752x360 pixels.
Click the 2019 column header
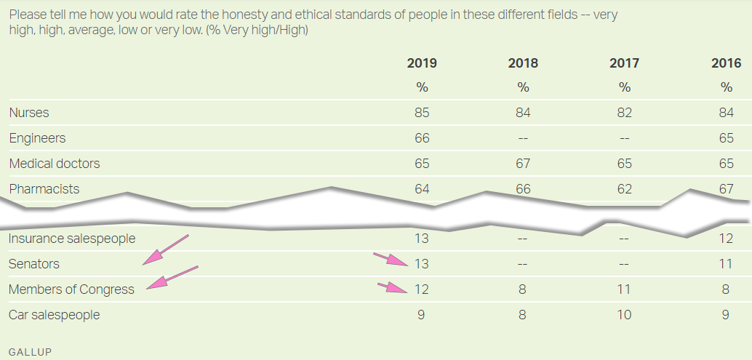422,63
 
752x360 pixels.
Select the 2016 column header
726,63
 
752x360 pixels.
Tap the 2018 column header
523,63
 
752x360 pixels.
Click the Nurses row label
29,113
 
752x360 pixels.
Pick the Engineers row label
37,138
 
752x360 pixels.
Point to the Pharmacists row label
44,189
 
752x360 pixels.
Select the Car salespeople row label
55,315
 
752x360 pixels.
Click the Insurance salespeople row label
72,239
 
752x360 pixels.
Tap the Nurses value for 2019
422,113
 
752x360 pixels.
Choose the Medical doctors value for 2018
523,164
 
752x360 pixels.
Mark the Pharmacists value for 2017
625,189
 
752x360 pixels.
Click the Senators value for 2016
726,264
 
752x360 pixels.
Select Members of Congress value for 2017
625,289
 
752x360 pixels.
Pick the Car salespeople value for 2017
625,315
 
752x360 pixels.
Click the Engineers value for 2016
726,138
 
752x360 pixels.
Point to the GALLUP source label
30,351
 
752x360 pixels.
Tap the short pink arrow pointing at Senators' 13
391,260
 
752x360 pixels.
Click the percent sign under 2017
625,87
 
